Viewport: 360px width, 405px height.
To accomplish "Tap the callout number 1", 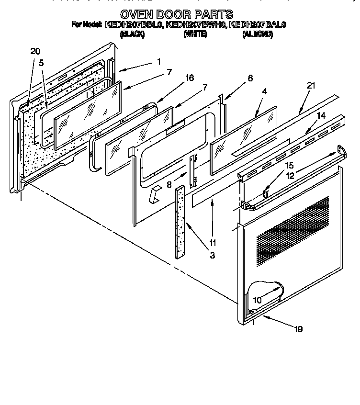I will tap(158, 61).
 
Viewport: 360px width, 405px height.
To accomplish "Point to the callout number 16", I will tap(190, 78).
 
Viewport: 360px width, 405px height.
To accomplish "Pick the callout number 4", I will tap(264, 91).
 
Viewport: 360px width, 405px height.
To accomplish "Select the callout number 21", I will tap(311, 86).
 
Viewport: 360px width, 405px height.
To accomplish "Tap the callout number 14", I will tap(320, 115).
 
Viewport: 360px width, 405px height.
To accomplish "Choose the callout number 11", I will tap(212, 243).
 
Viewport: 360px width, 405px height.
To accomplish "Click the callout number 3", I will tap(212, 255).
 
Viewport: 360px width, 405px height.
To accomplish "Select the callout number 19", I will tap(298, 329).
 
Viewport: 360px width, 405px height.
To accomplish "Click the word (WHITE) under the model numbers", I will tap(195, 34).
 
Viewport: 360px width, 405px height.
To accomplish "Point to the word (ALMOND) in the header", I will tap(258, 34).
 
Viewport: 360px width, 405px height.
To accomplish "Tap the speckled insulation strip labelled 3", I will tap(180, 220).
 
